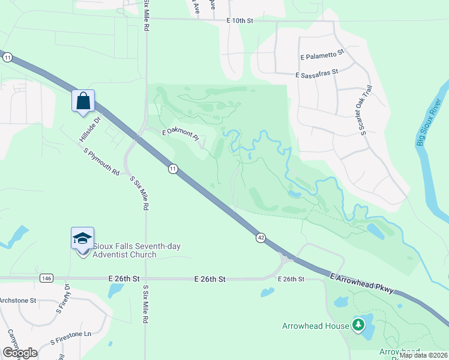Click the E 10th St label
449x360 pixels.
point(241,21)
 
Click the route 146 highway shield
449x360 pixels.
point(46,278)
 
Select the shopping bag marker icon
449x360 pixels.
point(83,101)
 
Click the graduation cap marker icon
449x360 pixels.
point(82,238)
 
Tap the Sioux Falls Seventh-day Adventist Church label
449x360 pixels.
point(125,250)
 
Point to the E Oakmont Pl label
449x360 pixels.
point(182,134)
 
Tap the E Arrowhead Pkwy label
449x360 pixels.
point(361,283)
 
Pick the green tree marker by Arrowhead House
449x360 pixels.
point(358,325)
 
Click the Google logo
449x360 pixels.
point(20,352)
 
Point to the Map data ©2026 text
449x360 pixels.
point(423,355)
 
